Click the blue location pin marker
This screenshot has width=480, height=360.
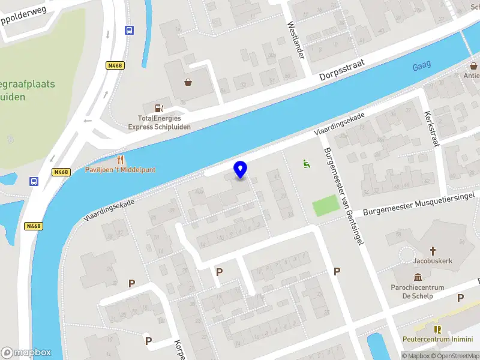[240, 169]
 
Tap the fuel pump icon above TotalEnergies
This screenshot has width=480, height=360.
[159, 108]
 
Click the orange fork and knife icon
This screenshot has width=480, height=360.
[121, 160]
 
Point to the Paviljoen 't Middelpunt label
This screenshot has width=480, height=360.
[120, 170]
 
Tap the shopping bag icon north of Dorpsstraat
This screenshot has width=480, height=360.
[188, 82]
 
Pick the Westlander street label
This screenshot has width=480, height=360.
[296, 41]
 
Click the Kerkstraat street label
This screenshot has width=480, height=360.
[433, 128]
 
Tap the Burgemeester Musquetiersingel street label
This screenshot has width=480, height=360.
[419, 204]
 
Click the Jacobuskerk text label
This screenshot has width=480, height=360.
[432, 261]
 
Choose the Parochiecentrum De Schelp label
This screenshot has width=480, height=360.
[418, 292]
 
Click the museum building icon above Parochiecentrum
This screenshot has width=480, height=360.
[418, 277]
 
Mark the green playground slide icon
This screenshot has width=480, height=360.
[306, 163]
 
